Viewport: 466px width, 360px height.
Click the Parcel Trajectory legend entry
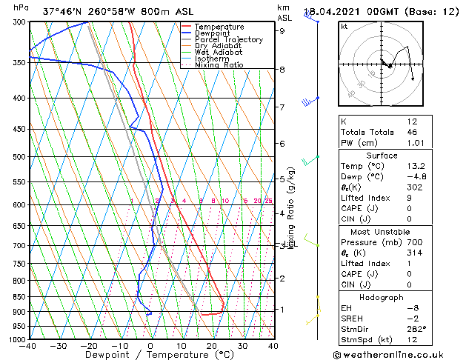[x=228, y=39]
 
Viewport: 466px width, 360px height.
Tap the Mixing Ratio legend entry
[x=219, y=65]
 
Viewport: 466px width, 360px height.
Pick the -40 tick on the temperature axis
[x=28, y=346]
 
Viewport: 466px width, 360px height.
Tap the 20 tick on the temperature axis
[x=212, y=346]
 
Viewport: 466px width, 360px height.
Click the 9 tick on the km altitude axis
[x=282, y=31]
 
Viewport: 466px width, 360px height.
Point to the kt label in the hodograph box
[x=344, y=26]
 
